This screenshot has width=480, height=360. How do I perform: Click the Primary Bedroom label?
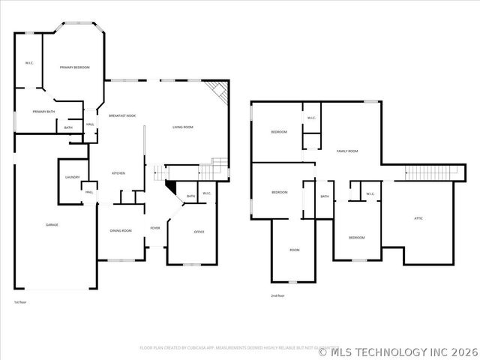[x=75, y=67]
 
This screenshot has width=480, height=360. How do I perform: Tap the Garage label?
[x=52, y=224]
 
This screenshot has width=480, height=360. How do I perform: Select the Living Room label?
[x=183, y=127]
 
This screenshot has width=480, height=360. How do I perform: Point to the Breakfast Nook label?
[x=122, y=115]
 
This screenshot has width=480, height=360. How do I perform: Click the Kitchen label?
[x=118, y=173]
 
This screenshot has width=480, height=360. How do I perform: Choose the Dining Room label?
[x=121, y=230]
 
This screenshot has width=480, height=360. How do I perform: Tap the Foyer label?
[x=155, y=228]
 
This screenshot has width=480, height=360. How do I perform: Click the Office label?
[x=199, y=232]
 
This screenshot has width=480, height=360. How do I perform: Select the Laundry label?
[x=73, y=177]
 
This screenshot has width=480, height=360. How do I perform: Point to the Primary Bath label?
[x=43, y=112]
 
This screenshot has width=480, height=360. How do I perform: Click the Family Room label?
[x=347, y=151]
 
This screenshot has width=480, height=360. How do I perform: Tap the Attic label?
[x=418, y=218]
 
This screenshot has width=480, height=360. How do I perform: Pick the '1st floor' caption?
[x=20, y=301]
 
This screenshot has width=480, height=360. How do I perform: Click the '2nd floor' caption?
[x=277, y=295]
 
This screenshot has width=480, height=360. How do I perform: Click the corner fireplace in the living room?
[x=219, y=93]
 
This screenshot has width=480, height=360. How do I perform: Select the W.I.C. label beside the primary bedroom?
[x=28, y=63]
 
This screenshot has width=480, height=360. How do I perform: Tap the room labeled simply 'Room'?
[x=295, y=250]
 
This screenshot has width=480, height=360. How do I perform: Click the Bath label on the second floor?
[x=325, y=196]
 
